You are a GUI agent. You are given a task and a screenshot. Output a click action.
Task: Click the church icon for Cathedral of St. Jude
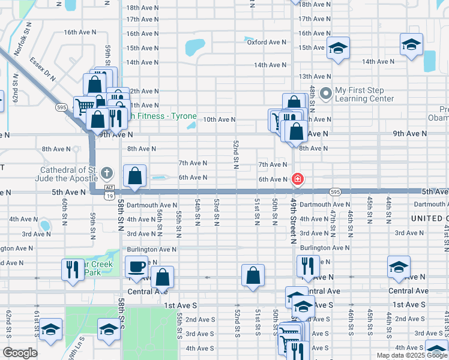tap(107, 174)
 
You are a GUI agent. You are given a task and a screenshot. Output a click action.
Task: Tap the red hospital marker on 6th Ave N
tap(297, 179)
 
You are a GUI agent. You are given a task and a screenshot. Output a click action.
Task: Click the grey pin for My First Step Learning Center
tap(326, 94)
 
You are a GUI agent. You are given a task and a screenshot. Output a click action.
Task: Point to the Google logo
tap(20, 353)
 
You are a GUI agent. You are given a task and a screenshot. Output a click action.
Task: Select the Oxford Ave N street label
tap(267, 42)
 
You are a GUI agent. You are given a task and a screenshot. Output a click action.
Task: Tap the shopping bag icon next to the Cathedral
tap(135, 176)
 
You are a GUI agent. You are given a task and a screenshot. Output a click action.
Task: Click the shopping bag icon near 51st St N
tap(253, 275)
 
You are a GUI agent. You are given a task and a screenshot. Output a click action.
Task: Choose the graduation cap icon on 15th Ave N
tap(339, 48)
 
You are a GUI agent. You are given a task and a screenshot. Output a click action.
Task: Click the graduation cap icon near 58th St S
tap(109, 329)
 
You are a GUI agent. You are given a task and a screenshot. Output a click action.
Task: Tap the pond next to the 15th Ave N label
tap(196, 46)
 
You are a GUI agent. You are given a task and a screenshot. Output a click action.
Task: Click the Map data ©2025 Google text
tap(411, 355)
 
